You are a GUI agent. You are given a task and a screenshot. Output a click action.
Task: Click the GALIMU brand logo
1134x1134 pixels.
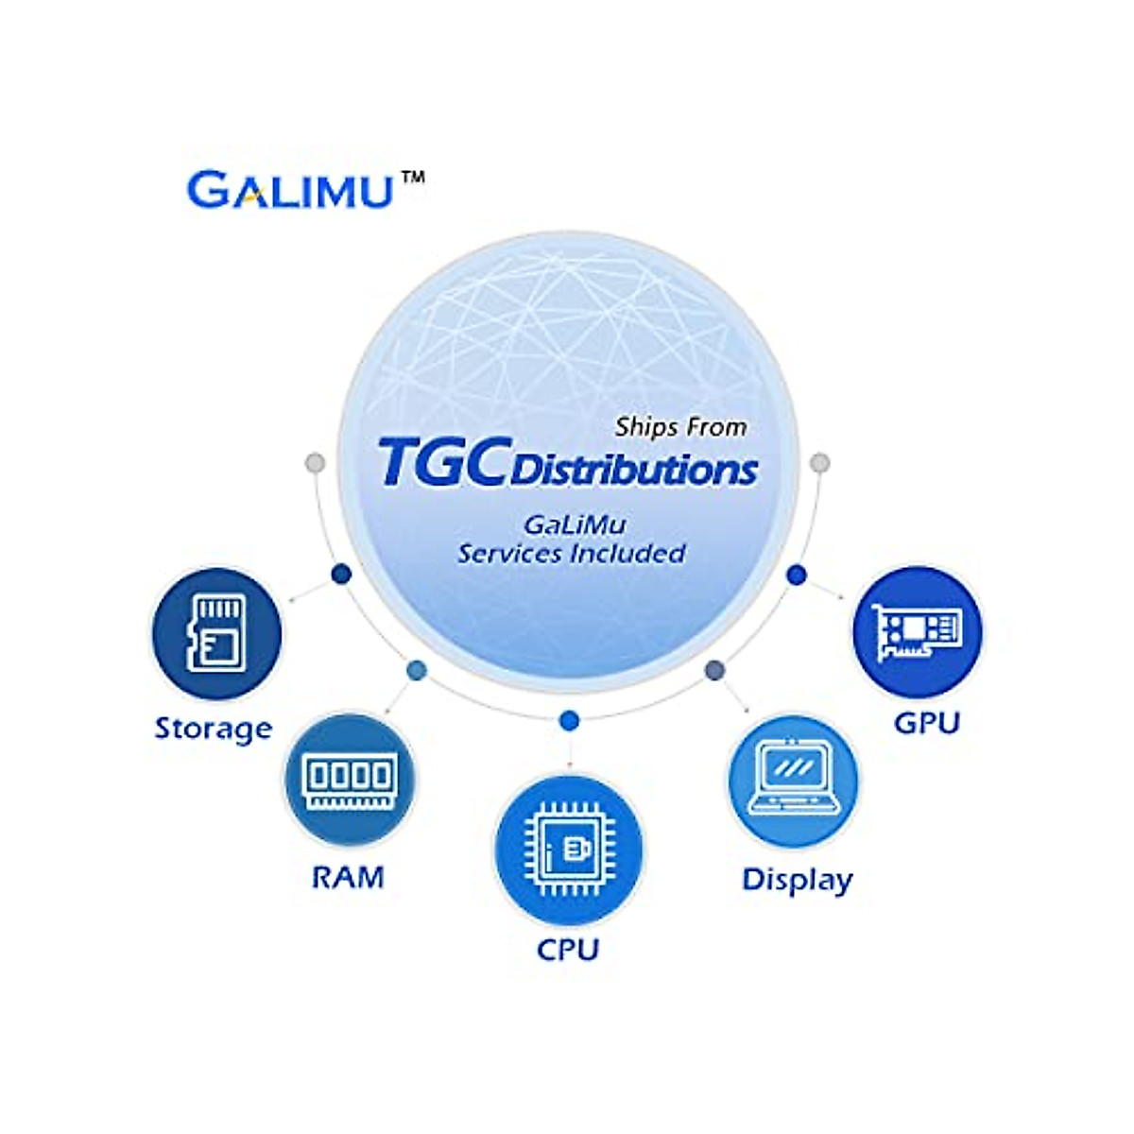(x=289, y=189)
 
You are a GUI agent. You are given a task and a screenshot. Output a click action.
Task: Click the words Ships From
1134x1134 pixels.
(x=680, y=427)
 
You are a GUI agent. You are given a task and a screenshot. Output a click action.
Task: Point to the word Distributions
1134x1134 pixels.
(x=634, y=470)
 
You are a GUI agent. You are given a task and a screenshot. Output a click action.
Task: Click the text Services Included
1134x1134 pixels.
(x=572, y=553)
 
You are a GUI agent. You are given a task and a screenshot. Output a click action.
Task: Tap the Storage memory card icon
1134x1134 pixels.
(x=216, y=633)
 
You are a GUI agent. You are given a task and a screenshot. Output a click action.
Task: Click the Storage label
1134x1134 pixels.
(x=214, y=729)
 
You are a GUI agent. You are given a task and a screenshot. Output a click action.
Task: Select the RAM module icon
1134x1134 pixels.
(x=349, y=781)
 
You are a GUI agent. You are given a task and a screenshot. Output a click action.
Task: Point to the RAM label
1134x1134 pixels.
(x=349, y=878)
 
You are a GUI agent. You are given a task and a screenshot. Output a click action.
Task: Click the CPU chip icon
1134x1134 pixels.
(x=569, y=849)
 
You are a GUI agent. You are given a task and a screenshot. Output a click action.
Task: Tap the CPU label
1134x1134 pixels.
(x=568, y=949)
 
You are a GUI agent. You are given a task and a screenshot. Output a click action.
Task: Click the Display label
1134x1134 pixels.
(x=798, y=880)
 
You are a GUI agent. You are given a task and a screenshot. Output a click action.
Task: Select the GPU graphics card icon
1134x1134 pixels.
(x=918, y=631)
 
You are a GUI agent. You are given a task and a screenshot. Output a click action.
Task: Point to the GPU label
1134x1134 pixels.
(x=927, y=723)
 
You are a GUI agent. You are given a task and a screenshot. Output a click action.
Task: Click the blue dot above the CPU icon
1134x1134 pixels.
(x=569, y=721)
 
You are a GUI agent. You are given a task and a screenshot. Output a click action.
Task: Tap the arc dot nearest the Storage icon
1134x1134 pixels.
(x=342, y=574)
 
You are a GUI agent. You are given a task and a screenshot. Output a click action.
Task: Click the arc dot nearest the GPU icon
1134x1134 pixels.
(x=797, y=574)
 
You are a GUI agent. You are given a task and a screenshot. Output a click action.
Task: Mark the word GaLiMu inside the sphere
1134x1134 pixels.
(x=575, y=524)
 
